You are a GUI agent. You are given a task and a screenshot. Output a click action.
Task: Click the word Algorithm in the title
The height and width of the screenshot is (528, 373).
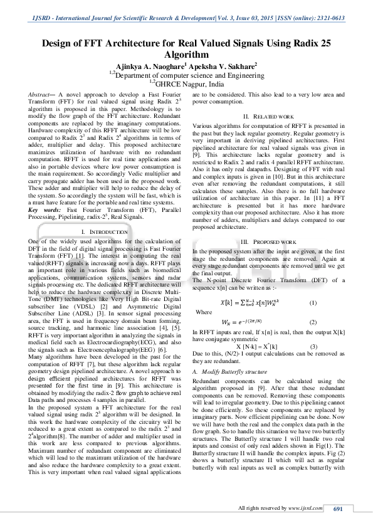[186, 55]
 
